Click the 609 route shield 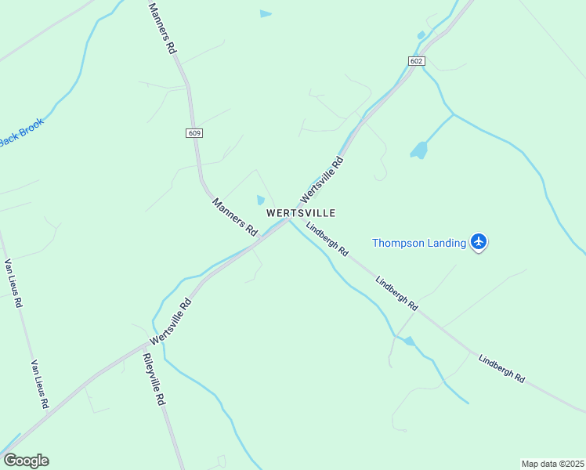point(195,133)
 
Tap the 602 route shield point(416,61)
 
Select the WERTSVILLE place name point(301,213)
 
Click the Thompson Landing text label point(419,243)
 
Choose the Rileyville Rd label point(154,378)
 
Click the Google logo point(26,461)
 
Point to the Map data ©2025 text point(552,464)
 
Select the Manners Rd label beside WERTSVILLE point(235,217)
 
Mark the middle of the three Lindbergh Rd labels point(396,293)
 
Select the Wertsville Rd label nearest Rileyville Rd point(170,320)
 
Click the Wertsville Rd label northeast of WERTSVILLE point(323,178)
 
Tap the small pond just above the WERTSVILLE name point(261,201)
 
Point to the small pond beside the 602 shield point(421,35)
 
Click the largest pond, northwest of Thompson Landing point(420,150)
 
